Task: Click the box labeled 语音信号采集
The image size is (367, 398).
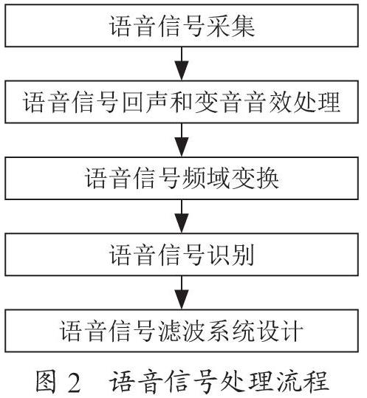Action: pyautogui.click(x=182, y=26)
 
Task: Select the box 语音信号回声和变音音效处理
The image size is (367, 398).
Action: pyautogui.click(x=182, y=102)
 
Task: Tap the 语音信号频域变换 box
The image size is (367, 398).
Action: pyautogui.click(x=182, y=178)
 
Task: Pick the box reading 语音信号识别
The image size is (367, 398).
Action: pyautogui.click(x=182, y=254)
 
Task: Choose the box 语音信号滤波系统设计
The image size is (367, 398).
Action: pyautogui.click(x=182, y=331)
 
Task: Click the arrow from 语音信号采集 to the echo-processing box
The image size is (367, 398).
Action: pyautogui.click(x=182, y=64)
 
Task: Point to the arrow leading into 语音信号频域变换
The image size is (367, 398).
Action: pyautogui.click(x=182, y=140)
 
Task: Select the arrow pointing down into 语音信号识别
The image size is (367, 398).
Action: pyautogui.click(x=182, y=216)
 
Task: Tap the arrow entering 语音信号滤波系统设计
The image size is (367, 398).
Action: pyautogui.click(x=182, y=292)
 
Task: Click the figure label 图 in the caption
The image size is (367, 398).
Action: pyautogui.click(x=46, y=381)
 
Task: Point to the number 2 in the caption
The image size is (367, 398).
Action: pyautogui.click(x=74, y=382)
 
